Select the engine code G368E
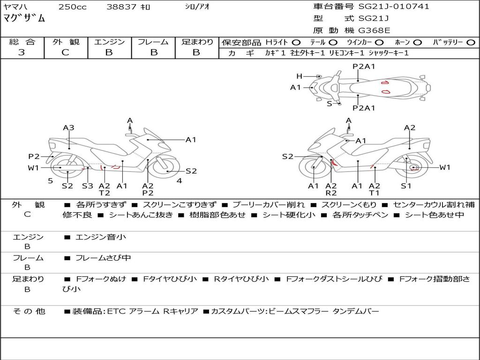pyautogui.click(x=374, y=30)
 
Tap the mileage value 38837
pyautogui.click(x=121, y=7)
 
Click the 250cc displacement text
pyautogui.click(x=72, y=7)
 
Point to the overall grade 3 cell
pyautogui.click(x=22, y=52)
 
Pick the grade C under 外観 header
pyautogui.click(x=65, y=52)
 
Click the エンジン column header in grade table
pyautogui.click(x=109, y=42)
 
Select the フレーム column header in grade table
pyautogui.click(x=153, y=42)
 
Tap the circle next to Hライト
pyautogui.click(x=296, y=43)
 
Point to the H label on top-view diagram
pyautogui.click(x=299, y=76)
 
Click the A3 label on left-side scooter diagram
pyautogui.click(x=69, y=127)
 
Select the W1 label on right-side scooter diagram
pyautogui.click(x=444, y=167)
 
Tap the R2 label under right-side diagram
pyautogui.click(x=331, y=193)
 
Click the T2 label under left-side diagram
pyautogui.click(x=104, y=193)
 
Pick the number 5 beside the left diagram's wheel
pyautogui.click(x=50, y=180)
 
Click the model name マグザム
pyautogui.click(x=24, y=19)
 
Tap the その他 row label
pyautogui.click(x=29, y=311)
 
